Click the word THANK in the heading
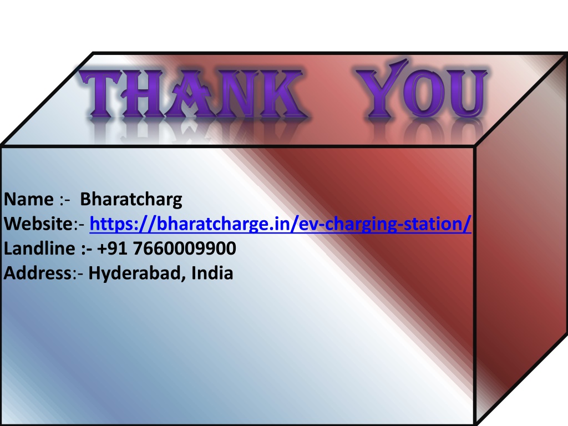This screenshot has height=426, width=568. tap(193, 93)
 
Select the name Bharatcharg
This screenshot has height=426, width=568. tap(131, 200)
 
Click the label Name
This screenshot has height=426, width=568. tap(29, 199)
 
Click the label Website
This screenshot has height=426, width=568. tap(39, 224)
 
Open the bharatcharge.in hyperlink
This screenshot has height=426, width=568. tap(280, 224)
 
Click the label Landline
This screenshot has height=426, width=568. tap(39, 248)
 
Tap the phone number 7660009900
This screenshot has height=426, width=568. tap(185, 248)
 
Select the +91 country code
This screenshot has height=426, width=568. tap(112, 248)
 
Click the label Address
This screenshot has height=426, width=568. tap(38, 273)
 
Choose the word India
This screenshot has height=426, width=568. tap(212, 273)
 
